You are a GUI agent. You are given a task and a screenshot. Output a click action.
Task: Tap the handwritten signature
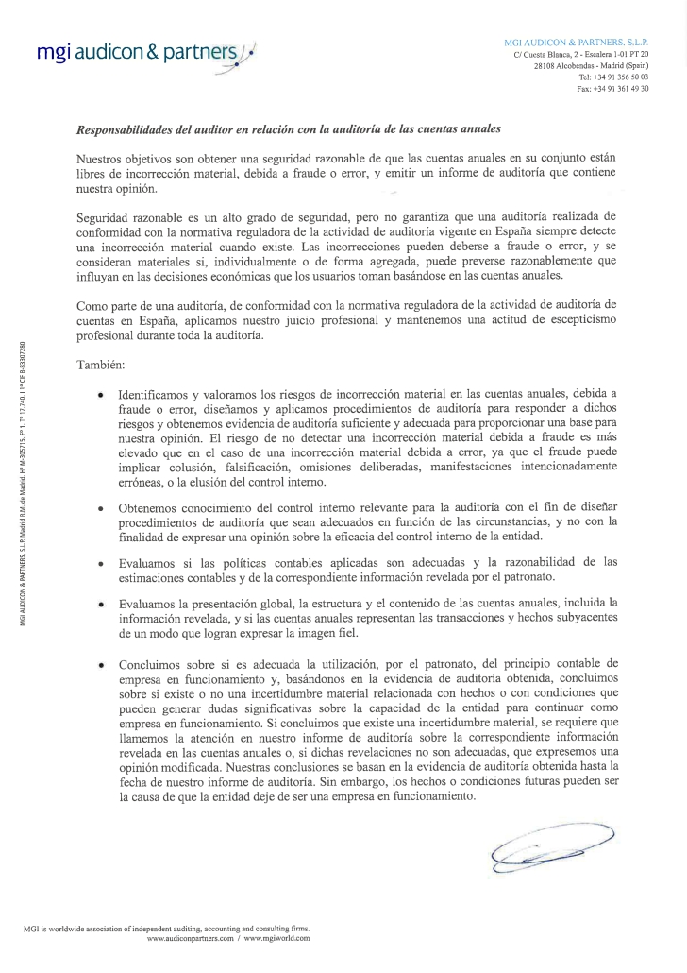[551, 842]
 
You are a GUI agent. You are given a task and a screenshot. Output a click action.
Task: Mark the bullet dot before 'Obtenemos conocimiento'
[100, 509]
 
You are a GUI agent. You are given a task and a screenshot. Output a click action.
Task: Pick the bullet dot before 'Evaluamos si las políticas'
[100, 563]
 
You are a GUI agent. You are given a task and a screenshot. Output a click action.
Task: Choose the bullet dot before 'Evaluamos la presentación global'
[100, 603]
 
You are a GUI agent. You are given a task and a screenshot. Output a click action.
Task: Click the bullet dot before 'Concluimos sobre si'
[100, 666]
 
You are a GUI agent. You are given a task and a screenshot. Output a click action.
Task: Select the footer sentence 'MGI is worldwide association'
[166, 929]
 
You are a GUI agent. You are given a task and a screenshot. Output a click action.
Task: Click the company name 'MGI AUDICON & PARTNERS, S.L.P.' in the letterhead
[583, 43]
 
